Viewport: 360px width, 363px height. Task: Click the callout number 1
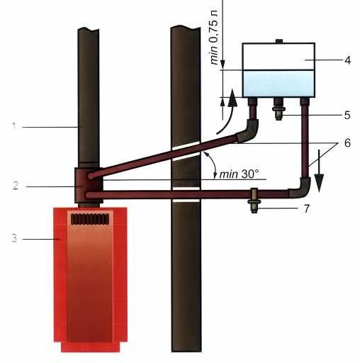tap(14, 126)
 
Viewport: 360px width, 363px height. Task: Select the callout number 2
tap(16, 186)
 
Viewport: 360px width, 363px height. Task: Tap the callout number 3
tap(15, 238)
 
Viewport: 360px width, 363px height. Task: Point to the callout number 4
tap(347, 60)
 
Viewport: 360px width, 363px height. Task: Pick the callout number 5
tap(347, 115)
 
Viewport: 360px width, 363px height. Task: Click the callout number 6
tap(347, 143)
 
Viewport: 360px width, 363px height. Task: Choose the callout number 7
tap(306, 208)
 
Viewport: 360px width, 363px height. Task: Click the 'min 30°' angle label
tap(239, 174)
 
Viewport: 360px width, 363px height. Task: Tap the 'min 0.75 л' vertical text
tap(214, 38)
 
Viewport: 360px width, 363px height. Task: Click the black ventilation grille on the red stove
tap(90, 219)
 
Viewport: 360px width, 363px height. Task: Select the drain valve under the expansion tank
tap(279, 109)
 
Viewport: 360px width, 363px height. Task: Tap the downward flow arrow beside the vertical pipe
tap(319, 171)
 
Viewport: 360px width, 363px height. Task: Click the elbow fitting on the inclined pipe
tap(248, 130)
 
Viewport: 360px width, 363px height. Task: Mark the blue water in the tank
tap(279, 84)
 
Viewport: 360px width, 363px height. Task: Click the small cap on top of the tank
tap(279, 41)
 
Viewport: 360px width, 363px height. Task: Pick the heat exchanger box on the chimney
tap(89, 186)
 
